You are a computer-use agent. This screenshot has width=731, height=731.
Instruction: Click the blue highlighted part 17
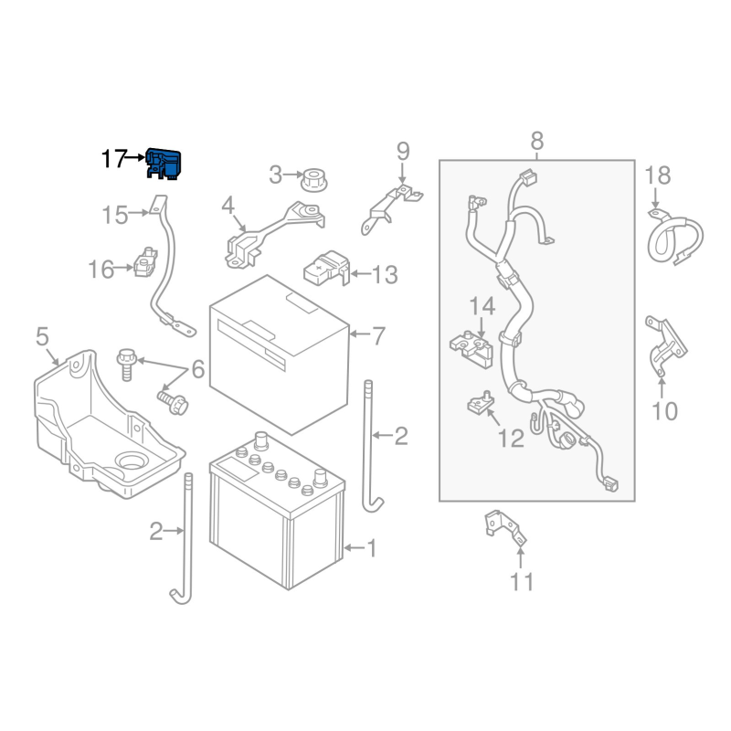pyautogui.click(x=164, y=164)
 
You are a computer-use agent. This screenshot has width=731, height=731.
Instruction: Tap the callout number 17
pyautogui.click(x=114, y=159)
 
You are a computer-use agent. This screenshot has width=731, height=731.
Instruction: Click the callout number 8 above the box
pyautogui.click(x=536, y=141)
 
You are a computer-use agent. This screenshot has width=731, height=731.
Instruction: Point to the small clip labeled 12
pyautogui.click(x=481, y=402)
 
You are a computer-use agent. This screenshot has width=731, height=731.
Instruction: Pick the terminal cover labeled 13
pyautogui.click(x=326, y=268)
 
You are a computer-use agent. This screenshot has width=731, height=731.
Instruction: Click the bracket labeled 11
pyautogui.click(x=506, y=528)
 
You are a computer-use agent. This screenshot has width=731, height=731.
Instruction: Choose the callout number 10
pyautogui.click(x=664, y=411)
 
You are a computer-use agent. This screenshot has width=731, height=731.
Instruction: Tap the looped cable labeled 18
pyautogui.click(x=674, y=238)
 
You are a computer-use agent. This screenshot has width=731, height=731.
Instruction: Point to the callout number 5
pyautogui.click(x=42, y=336)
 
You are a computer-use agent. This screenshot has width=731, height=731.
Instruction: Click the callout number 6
pyautogui.click(x=198, y=369)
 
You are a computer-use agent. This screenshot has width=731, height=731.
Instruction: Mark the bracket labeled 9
pyautogui.click(x=391, y=209)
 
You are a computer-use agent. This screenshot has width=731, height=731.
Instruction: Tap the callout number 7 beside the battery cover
pyautogui.click(x=378, y=335)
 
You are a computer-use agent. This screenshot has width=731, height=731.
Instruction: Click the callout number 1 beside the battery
pyautogui.click(x=372, y=548)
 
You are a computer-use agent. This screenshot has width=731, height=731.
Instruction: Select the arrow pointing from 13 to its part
pyautogui.click(x=360, y=273)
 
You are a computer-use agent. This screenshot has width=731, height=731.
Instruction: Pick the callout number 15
pyautogui.click(x=115, y=216)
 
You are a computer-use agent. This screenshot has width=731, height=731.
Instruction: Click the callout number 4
pyautogui.click(x=228, y=205)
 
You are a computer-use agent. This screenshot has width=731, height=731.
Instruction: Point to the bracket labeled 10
pyautogui.click(x=665, y=346)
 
